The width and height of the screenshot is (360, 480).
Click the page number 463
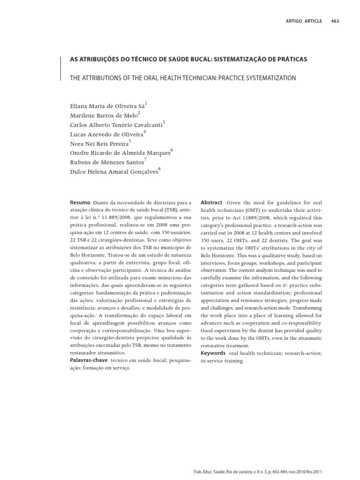[335, 21]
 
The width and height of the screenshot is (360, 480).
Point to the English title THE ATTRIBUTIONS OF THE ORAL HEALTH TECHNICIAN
[183, 78]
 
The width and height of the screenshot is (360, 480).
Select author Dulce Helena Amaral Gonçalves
[114, 172]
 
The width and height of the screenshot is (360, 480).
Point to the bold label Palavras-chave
[88, 360]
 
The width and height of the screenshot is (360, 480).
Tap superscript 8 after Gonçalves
[159, 169]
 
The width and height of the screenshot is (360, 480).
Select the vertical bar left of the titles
[61, 68]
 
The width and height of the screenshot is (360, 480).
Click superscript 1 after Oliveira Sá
[146, 103]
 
